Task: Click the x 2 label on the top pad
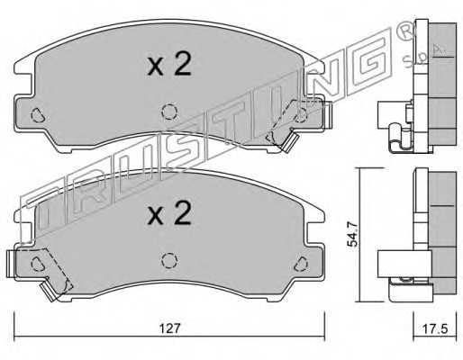[x=169, y=64]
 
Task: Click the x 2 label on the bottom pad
[x=169, y=213]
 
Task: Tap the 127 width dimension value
[x=170, y=328]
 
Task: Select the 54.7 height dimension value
[x=352, y=234]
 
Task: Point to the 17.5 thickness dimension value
[x=435, y=328]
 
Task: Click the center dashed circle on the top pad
[x=169, y=112]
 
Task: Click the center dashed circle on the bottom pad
[x=169, y=260]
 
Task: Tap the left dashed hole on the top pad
[x=38, y=114]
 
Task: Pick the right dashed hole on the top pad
[x=300, y=114]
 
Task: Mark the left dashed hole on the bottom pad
[x=38, y=264]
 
